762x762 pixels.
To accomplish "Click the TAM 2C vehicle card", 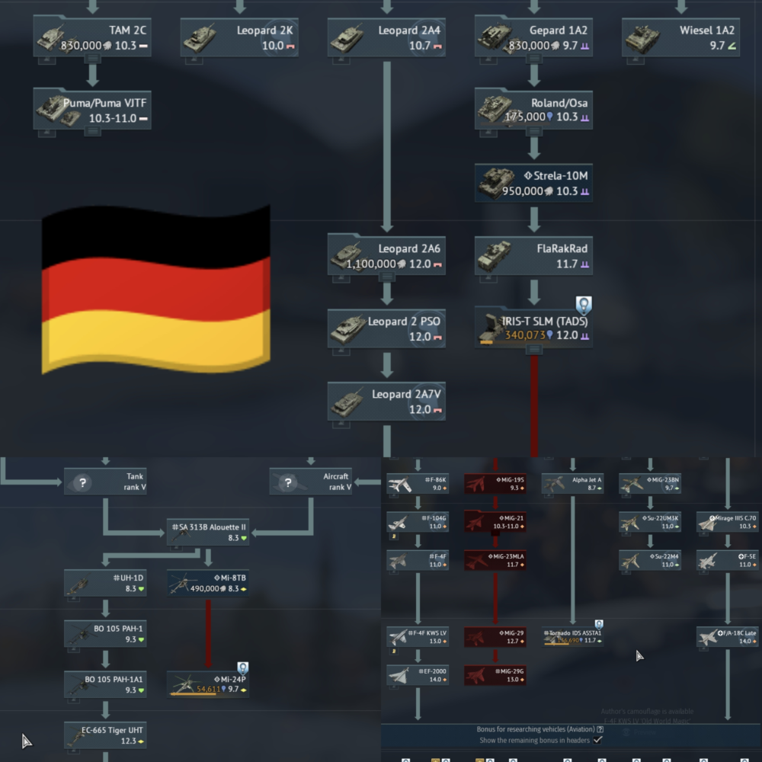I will (92, 37).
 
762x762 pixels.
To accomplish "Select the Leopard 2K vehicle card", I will (239, 37).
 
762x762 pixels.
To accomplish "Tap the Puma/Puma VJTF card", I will (92, 110).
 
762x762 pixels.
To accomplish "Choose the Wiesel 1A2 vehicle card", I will (681, 37).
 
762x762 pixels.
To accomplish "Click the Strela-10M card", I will (533, 183).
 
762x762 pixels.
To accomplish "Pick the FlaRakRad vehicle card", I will (533, 255).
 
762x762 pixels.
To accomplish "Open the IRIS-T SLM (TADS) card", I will (533, 328).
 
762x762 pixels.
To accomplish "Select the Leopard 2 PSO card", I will (386, 328).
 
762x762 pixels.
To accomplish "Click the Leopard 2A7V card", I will (386, 401).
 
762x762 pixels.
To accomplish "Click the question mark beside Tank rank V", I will (83, 482).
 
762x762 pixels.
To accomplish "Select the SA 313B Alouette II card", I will (209, 531).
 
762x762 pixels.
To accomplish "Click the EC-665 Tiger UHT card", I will (105, 735).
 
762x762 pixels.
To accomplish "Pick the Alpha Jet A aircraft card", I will (573, 483).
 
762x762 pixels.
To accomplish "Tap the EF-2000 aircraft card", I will (418, 675).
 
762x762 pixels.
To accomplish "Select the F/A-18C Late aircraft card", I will (728, 637).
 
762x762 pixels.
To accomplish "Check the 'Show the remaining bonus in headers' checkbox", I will (598, 740).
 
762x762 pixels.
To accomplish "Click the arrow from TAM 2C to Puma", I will (92, 74).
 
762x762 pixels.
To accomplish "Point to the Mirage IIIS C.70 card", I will (728, 522).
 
